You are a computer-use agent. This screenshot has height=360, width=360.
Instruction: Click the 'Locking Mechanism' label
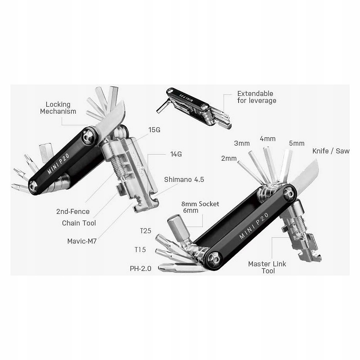tap(58, 108)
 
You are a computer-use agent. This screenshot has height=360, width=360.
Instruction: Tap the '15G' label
tap(154, 130)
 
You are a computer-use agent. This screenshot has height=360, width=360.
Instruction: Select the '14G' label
tap(176, 154)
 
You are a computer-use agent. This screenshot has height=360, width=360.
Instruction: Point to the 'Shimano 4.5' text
tap(184, 179)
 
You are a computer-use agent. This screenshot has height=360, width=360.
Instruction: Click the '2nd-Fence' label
tap(72, 211)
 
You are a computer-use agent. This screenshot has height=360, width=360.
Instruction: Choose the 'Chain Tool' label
tap(79, 223)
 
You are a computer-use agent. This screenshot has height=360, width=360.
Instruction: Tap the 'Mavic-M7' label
tap(82, 242)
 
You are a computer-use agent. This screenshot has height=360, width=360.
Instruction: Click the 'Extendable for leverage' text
tap(256, 97)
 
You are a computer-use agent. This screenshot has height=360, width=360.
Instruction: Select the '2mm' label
tap(229, 158)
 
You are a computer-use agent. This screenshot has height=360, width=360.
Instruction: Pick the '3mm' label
tap(242, 143)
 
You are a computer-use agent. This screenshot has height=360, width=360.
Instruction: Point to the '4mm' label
tap(267, 138)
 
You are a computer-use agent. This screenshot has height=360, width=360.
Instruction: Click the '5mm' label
tap(296, 143)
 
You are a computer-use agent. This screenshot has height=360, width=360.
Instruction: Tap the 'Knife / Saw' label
tap(331, 151)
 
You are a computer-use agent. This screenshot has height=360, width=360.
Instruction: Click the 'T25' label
tap(145, 231)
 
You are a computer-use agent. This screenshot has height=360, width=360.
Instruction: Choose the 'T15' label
tap(140, 249)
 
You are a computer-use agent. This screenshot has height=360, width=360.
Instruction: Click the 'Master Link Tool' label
tap(267, 267)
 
